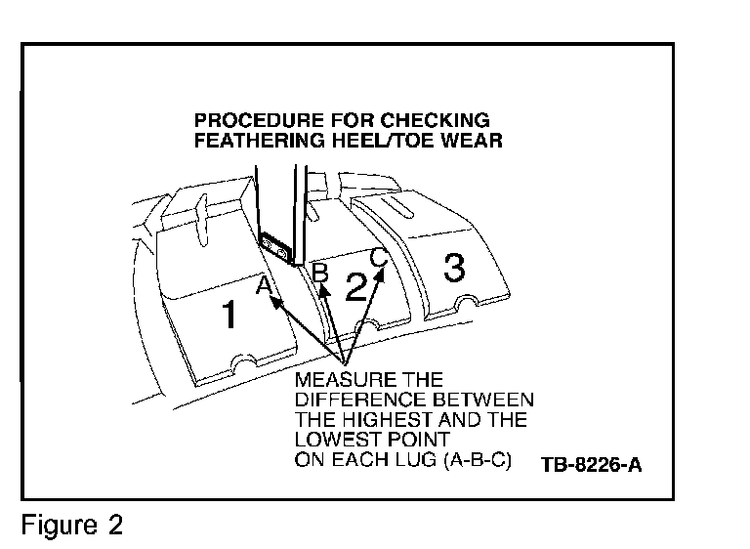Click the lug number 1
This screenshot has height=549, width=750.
click(229, 316)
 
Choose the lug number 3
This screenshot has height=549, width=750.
click(454, 267)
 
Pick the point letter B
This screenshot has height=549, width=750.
click(318, 271)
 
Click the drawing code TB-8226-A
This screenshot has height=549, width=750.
click(591, 463)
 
